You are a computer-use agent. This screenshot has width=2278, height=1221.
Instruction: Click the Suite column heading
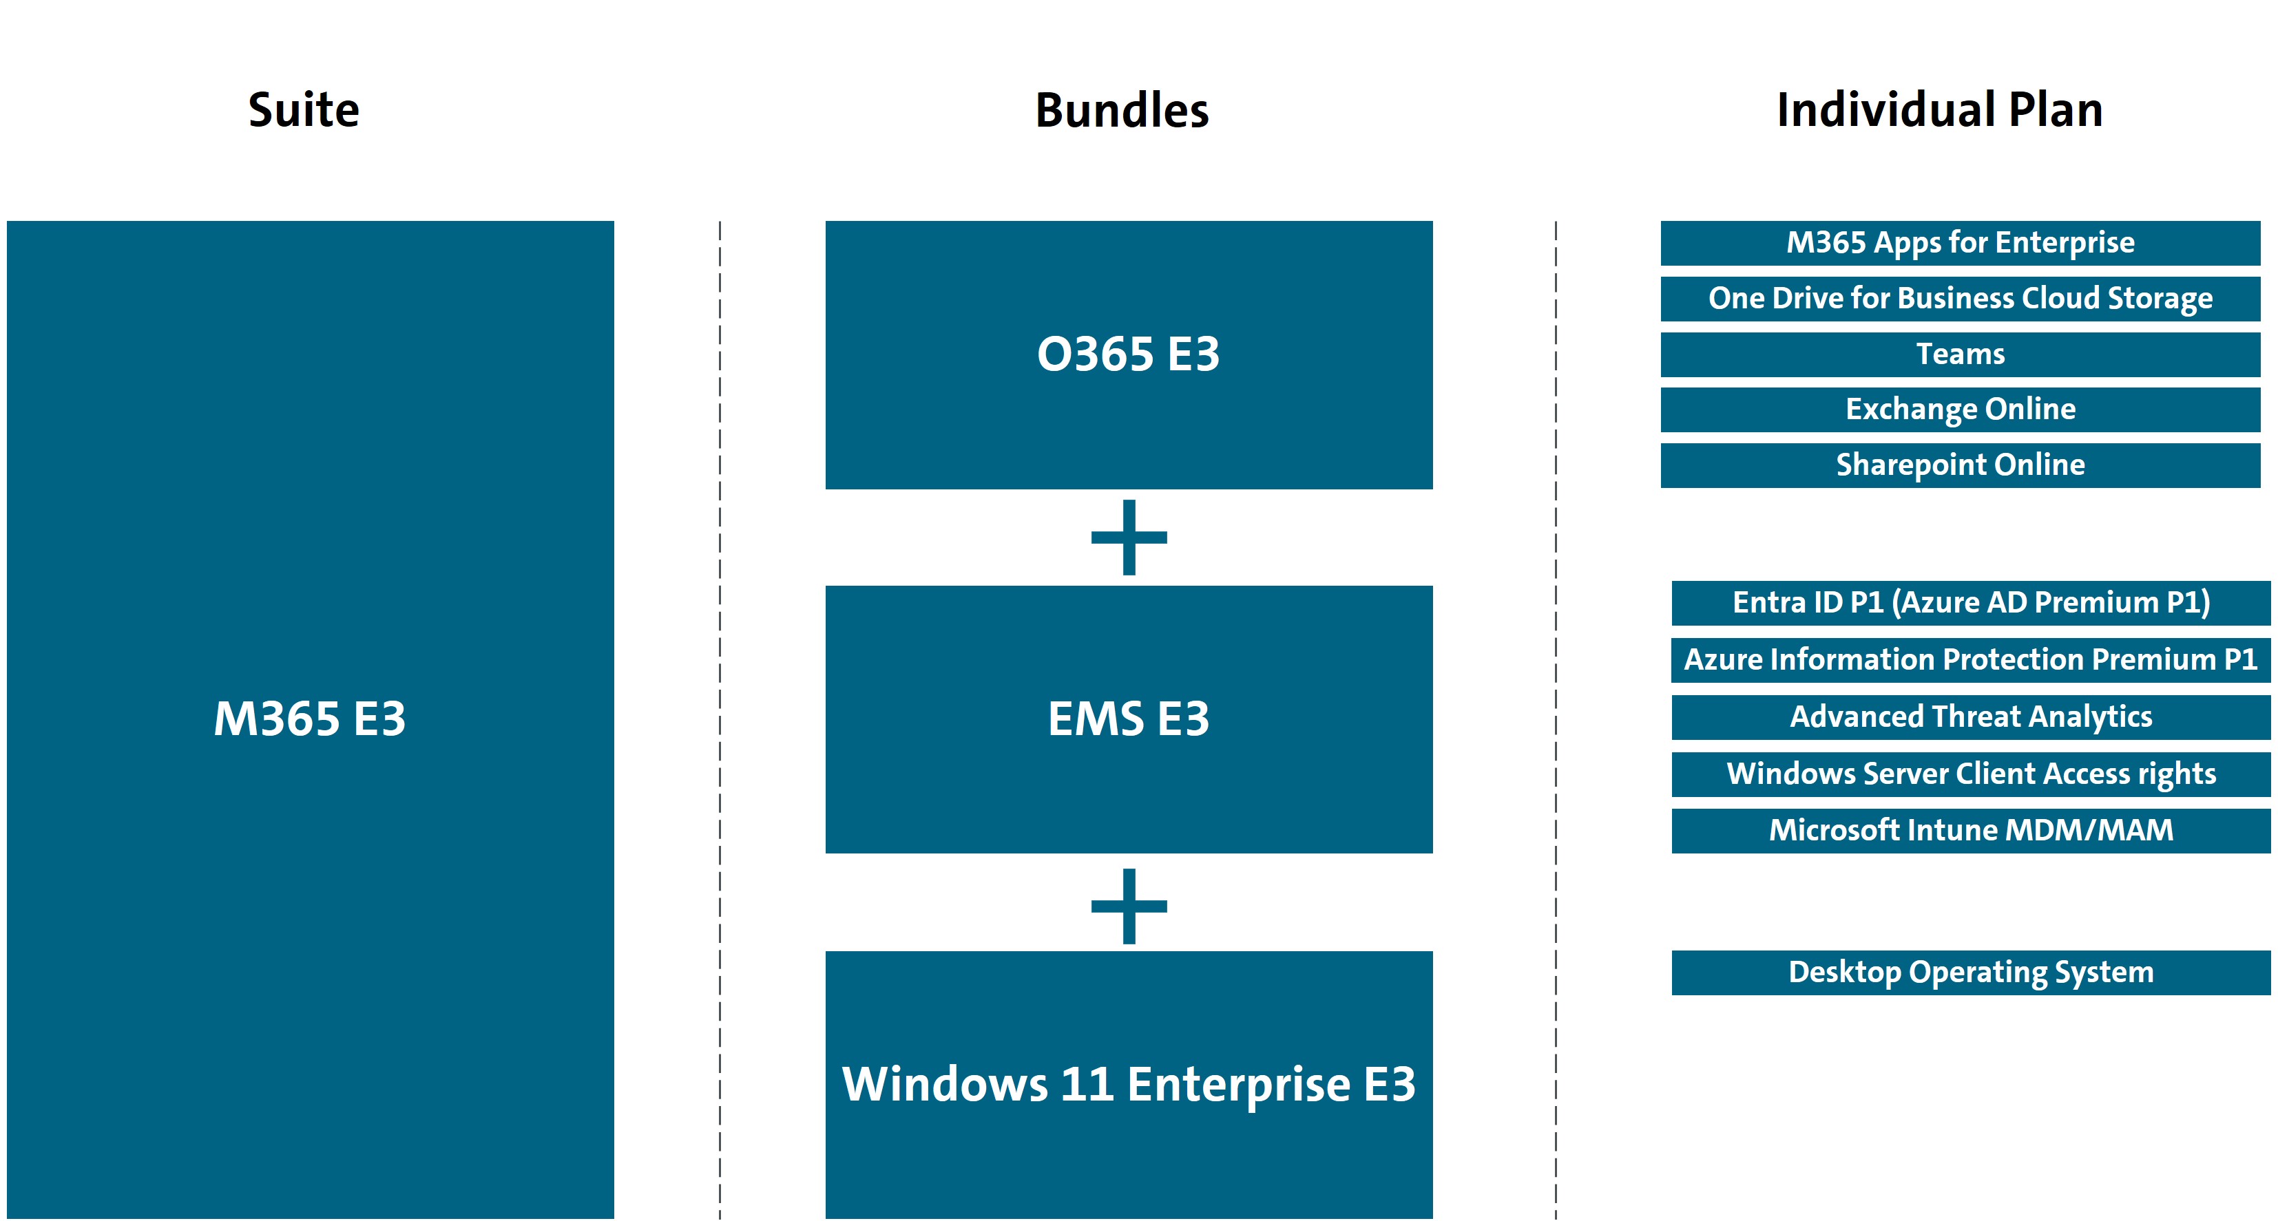coord(303,111)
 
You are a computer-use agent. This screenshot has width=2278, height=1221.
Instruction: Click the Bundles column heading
coord(1121,111)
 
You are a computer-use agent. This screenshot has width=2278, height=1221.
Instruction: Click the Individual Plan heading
coord(1939,111)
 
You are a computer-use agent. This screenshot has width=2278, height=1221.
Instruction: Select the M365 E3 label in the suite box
coord(309,719)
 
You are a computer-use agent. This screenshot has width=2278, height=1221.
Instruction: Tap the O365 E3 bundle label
coord(1129,354)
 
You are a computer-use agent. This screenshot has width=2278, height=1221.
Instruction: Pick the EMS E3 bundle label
coord(1129,719)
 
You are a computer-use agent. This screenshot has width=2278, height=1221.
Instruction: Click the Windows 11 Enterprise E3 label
coord(1129,1084)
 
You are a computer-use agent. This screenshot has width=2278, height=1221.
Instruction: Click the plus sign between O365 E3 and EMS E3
coord(1129,538)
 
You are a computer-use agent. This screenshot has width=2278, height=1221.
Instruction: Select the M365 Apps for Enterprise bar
coord(1960,243)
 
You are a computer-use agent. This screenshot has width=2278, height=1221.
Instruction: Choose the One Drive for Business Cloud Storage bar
coord(1960,299)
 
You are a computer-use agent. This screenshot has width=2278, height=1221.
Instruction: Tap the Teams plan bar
coord(1960,354)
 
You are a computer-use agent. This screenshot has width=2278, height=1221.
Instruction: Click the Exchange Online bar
coord(1960,410)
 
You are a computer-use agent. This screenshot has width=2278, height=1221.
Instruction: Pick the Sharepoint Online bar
coord(1960,465)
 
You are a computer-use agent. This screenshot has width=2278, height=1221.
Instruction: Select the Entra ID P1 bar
coord(1970,603)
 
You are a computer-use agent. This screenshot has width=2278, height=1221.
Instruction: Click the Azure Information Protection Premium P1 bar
coord(1970,659)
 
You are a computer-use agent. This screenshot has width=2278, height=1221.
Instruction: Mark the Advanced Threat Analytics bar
coord(1970,717)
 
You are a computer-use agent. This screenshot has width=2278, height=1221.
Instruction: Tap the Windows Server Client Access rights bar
coord(1970,774)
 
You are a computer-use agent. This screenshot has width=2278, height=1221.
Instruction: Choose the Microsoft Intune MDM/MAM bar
coord(1970,830)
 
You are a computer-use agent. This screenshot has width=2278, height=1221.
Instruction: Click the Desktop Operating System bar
coord(1970,973)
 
